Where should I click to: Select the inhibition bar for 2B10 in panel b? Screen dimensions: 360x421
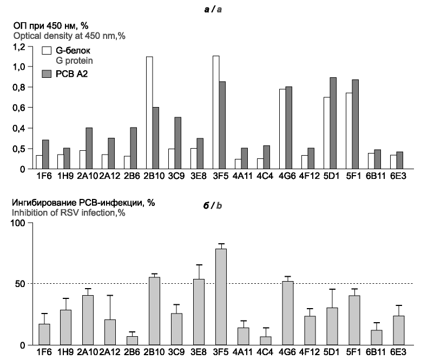point(154,311)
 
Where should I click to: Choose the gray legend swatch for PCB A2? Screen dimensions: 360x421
point(47,74)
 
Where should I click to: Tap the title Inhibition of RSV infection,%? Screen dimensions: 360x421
point(68,212)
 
